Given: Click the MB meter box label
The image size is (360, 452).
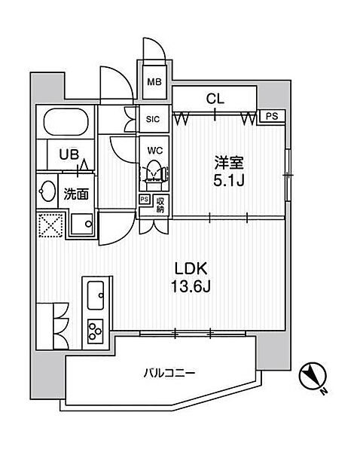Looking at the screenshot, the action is point(154,82).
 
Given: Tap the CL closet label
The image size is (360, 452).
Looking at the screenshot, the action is point(215,99).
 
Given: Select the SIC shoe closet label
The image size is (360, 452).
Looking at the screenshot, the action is point(153,119).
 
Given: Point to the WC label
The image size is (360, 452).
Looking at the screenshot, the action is point(155,151).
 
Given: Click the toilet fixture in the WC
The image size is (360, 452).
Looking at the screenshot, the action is point(155,174).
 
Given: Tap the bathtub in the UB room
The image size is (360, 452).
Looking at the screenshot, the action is point(66,121).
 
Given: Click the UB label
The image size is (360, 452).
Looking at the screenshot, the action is point(69,154).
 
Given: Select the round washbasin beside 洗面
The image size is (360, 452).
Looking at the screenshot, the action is point(47,191).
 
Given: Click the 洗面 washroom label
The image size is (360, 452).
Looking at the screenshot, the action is point(76,194).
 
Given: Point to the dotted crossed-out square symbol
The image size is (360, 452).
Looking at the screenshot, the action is point(50,224).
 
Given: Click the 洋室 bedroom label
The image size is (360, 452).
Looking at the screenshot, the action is point(228,163).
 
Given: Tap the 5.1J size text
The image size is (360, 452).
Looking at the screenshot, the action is point(229,181).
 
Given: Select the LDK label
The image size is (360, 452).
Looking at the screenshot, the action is point(191,269).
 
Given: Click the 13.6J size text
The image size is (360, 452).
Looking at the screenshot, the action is point(191,286).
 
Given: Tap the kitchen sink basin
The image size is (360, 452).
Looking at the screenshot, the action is point(96,295).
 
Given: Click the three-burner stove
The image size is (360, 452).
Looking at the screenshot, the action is point(96,331).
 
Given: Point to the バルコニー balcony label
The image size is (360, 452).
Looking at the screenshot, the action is point(169,374).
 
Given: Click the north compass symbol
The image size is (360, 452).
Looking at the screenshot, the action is point(313,377).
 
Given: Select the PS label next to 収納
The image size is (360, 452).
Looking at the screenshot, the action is point(145,200).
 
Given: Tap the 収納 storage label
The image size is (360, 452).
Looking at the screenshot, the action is point(160,205).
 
